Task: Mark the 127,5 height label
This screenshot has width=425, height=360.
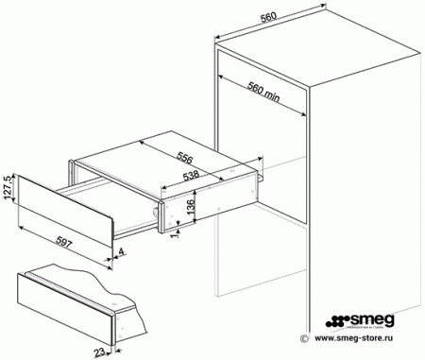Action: click(9, 189)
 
